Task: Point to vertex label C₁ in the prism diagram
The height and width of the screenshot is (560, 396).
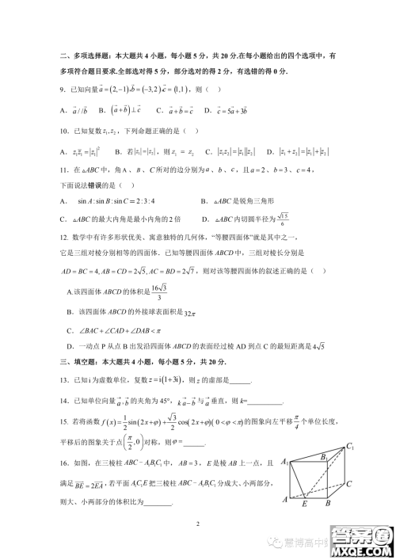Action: point(348,448)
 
